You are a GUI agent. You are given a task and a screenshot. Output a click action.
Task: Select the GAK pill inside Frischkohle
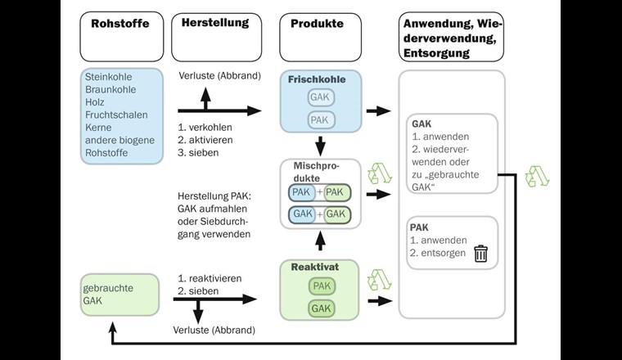coord(321,97)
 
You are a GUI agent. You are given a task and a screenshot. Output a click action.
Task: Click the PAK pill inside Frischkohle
coord(321,120)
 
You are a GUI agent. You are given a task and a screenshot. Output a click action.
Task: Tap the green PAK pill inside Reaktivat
coord(321,286)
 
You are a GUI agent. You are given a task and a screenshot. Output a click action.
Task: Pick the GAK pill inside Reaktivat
coord(321,308)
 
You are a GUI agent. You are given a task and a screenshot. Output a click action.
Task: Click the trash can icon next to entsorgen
coord(480,254)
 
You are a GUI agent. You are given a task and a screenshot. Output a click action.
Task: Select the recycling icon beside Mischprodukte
coord(381,174)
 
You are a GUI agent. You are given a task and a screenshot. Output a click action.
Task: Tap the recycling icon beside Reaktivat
coord(381,280)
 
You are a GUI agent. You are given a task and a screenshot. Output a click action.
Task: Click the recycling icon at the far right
coord(536,176)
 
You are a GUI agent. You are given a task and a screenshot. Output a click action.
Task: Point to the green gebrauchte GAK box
coord(119,295)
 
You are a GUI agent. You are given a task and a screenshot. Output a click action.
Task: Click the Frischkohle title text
coord(318,79)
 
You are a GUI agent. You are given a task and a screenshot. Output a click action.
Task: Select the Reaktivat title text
coord(315,267)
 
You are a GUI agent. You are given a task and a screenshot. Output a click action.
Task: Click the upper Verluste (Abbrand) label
coord(219,76)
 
